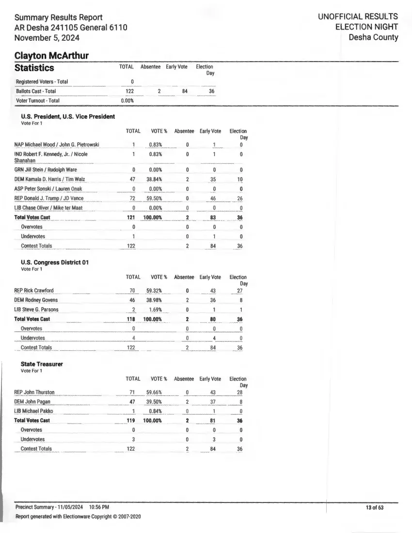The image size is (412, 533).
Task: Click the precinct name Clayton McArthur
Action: [x=51, y=56]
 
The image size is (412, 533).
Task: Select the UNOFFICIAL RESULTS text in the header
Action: [x=358, y=16]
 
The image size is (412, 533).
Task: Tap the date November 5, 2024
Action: [x=47, y=38]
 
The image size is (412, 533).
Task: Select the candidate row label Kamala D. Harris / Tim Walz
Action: [x=49, y=179]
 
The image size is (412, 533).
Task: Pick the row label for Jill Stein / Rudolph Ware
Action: [x=46, y=170]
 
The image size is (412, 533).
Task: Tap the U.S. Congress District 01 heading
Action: [x=55, y=262]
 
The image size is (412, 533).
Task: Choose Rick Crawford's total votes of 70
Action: [x=131, y=291]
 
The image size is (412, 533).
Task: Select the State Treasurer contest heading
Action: [x=42, y=364]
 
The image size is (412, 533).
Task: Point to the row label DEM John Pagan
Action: [x=32, y=402]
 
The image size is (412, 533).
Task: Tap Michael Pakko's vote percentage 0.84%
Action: [x=155, y=411]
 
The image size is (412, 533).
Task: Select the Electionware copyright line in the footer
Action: [x=78, y=517]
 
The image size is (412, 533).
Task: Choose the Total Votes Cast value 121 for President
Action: [x=130, y=218]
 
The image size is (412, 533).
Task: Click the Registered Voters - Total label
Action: [x=42, y=82]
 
